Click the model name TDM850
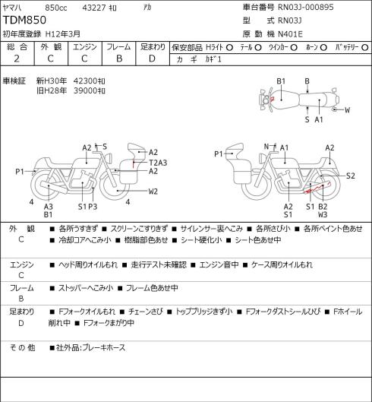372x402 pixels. pos(24,20)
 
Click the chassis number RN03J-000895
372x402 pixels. pos(306,7)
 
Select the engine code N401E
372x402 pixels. pos(290,34)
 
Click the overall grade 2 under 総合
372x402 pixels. pos(17,59)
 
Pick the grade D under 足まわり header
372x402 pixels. pos(152,59)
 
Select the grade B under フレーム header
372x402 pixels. pos(119,59)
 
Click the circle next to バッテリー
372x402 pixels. pos(365,48)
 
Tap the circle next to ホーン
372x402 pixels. pos(323,48)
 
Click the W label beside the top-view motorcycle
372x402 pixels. pos(347,110)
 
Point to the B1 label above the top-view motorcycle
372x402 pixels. pos(281,81)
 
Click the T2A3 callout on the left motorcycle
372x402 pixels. pos(158,163)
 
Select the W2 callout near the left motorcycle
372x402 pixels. pos(153,192)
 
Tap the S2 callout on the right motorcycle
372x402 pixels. pos(351,176)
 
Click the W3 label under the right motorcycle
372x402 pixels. pos(323,214)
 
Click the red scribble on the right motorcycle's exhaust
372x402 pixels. pos(317,188)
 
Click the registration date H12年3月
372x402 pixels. pos(63,34)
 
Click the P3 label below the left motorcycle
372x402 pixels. pos(93,207)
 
